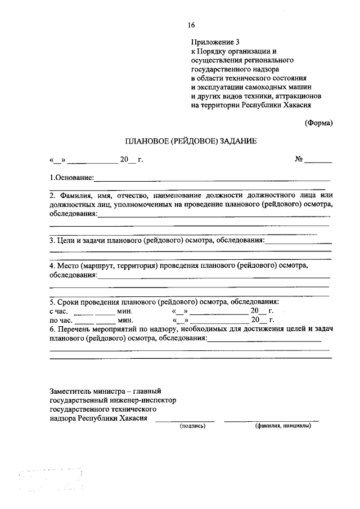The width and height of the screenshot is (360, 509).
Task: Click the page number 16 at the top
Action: coord(191,25)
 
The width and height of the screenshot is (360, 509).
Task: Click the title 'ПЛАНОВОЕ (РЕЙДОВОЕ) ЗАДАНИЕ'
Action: coord(191,142)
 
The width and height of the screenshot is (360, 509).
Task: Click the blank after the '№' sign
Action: coord(318,161)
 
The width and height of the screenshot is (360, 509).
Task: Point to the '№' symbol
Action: coord(299,160)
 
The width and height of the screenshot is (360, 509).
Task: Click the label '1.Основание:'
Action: coord(72,178)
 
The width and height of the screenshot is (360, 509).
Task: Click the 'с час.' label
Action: coord(59,311)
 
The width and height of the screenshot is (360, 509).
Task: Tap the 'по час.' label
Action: coord(60,320)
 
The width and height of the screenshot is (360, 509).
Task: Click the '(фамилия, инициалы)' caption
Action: coord(282,426)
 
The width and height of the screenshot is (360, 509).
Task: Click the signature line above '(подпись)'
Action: coord(184,421)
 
